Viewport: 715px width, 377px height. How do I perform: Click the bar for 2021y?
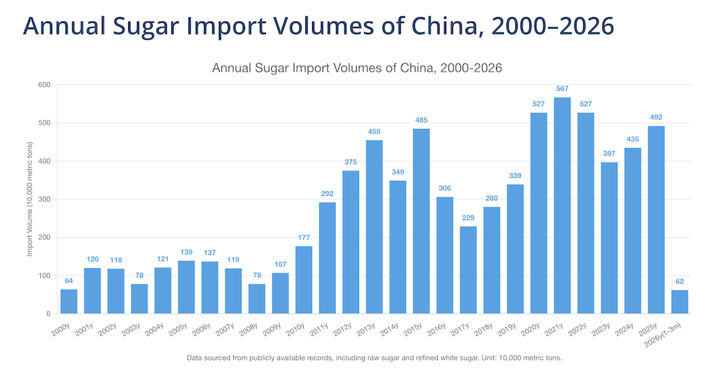562,205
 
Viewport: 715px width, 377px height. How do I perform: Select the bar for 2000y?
69,301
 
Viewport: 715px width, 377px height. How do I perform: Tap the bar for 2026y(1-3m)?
679,302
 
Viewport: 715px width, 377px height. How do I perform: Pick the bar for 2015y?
422,221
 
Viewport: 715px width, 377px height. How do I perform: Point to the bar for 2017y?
468,270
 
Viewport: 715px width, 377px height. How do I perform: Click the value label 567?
562,89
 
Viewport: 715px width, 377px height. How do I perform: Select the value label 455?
374,132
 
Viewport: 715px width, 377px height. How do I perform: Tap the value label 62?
679,282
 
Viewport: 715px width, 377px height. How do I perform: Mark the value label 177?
304,238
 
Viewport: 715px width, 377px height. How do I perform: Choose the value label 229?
468,218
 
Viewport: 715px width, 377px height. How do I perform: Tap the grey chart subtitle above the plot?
357,68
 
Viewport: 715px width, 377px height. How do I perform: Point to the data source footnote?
375,358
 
